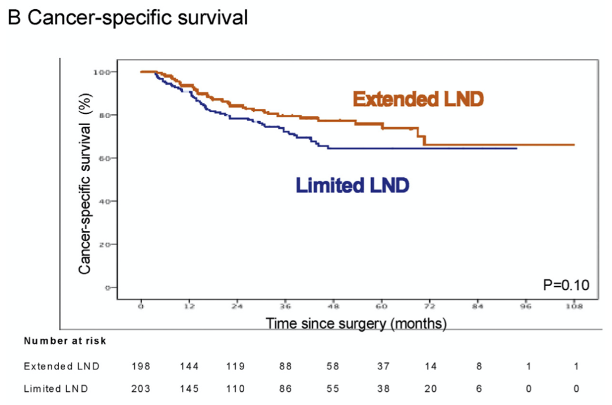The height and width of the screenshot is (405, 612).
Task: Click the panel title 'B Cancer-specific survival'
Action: click(x=128, y=18)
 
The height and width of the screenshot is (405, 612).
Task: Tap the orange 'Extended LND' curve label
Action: click(x=418, y=100)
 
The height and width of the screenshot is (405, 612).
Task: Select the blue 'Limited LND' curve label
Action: click(x=352, y=185)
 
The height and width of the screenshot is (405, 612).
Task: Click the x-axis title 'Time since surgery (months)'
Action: click(x=356, y=324)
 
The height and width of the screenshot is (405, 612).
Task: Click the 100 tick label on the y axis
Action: click(x=101, y=72)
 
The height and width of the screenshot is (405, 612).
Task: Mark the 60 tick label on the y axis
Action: click(x=104, y=158)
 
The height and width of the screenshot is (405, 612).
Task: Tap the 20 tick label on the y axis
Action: click(x=104, y=244)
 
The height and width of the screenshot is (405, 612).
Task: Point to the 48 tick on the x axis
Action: click(x=334, y=306)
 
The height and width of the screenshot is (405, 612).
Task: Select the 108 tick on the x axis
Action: click(x=574, y=306)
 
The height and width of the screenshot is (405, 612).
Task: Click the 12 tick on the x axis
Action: click(x=189, y=306)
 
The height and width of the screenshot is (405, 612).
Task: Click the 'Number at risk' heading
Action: click(x=65, y=342)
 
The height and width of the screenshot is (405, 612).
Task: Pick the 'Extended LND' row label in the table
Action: click(x=62, y=366)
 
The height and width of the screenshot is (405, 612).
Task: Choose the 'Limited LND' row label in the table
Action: click(x=56, y=388)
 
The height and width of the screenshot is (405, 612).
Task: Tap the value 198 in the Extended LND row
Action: click(x=141, y=366)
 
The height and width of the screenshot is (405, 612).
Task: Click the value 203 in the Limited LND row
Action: click(x=141, y=388)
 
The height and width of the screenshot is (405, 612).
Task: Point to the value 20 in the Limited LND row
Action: click(x=431, y=388)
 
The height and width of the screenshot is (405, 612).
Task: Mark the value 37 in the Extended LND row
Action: click(x=382, y=366)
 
